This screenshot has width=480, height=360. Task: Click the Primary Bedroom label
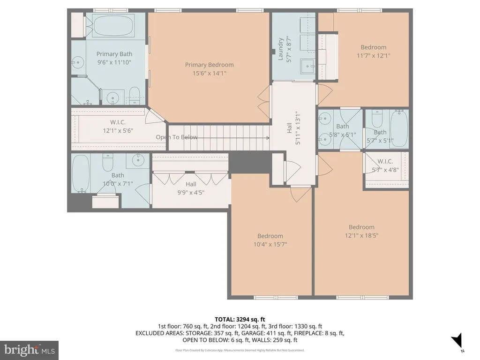click(209, 65)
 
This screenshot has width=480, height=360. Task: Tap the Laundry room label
click(280, 49)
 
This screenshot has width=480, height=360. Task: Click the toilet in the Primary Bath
click(134, 95)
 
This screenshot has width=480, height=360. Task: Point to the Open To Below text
click(177, 137)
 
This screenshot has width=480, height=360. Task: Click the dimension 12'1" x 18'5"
click(361, 235)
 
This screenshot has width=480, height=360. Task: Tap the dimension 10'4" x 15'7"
click(270, 244)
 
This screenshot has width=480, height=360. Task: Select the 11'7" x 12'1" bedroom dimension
click(374, 55)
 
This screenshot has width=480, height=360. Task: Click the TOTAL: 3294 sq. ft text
click(240, 320)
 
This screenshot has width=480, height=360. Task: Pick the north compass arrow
click(457, 340)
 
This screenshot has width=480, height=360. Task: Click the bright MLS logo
click(30, 350)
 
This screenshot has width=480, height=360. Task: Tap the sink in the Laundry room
click(307, 66)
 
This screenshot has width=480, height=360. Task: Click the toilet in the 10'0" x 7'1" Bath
click(108, 163)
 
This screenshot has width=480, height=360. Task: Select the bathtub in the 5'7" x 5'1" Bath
click(399, 129)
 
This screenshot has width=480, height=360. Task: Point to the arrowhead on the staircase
click(268, 138)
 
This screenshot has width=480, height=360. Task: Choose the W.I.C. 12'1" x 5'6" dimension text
click(118, 131)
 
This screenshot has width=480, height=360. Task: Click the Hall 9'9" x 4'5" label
click(191, 188)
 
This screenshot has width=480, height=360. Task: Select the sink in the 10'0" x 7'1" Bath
click(138, 160)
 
